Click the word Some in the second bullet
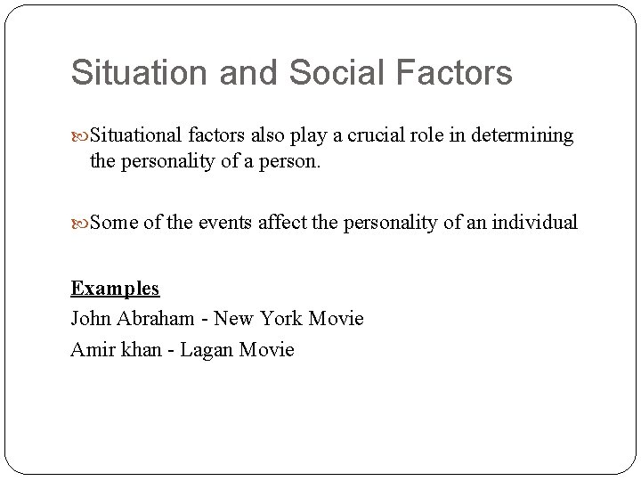coord(112,222)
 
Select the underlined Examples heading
coord(115,289)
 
